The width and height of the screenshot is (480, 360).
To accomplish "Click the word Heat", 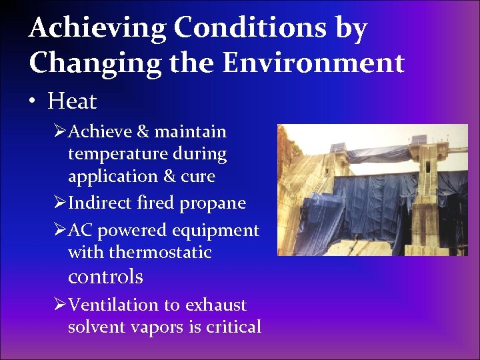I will [x=72, y=101].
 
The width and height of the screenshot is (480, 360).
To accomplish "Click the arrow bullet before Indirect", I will [x=59, y=203].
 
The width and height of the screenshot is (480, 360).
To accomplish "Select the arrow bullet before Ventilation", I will [x=59, y=305].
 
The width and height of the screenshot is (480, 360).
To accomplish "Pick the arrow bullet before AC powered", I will [x=59, y=230].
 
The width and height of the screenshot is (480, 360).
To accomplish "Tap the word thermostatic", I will [x=160, y=253].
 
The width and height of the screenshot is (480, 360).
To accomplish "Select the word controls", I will [x=105, y=275].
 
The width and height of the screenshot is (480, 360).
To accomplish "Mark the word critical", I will [x=233, y=327].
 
